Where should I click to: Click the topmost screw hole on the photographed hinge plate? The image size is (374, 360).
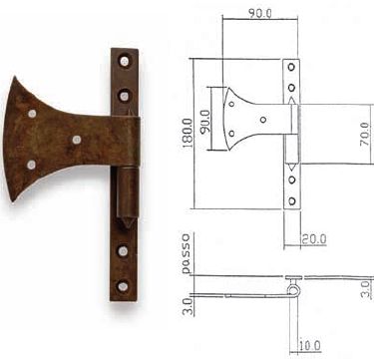click(124, 61)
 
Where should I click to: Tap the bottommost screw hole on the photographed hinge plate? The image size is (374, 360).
click(123, 286)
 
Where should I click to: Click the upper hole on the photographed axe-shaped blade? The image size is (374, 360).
click(34, 114)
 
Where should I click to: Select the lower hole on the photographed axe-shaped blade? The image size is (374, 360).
click(31, 164)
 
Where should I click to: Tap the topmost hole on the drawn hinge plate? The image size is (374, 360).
click(290, 68)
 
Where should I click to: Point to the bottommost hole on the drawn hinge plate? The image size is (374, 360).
click(290, 200)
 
